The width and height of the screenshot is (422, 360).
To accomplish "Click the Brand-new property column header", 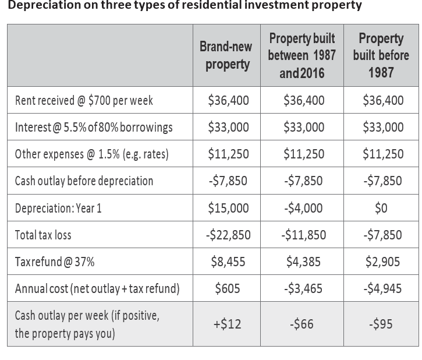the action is point(226,56).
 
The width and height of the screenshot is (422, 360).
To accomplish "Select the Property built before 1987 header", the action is point(381,55).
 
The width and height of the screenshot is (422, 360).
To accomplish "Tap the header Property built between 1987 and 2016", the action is point(302,55).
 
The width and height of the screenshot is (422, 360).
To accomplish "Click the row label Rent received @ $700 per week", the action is point(84,100).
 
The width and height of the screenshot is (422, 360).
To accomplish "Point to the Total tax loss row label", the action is point(43,235).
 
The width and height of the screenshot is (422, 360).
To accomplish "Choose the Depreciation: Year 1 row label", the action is point(58,208).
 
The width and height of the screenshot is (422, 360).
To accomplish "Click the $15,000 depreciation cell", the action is point(228,208).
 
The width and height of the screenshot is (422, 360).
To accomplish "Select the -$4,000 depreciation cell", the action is point(303,208).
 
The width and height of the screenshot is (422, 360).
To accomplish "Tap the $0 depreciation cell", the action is point(381,208).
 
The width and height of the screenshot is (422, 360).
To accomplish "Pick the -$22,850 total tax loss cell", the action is point(228,235).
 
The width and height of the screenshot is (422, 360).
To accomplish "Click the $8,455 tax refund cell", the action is point(228,262).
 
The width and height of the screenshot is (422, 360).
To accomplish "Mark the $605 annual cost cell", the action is point(228,288).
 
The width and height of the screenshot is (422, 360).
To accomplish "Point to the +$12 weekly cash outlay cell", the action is point(227,324).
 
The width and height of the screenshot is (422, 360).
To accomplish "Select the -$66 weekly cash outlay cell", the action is point(302,324).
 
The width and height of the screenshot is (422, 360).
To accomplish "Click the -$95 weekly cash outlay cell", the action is point(381,324).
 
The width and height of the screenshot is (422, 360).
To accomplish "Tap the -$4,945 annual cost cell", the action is point(382,288).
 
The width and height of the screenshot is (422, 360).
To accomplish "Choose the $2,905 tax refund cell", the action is point(382,262).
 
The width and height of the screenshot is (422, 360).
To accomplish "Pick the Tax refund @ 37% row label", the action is point(55,262).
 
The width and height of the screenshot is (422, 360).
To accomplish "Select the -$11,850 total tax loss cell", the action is point(304,235).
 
